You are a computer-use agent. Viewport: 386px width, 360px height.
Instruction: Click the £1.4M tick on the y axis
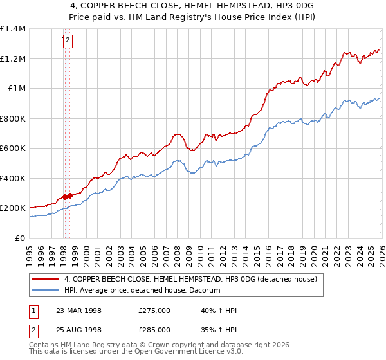(13, 29)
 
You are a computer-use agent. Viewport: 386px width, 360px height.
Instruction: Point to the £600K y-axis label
(13, 148)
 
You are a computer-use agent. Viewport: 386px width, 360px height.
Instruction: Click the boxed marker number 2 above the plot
(68, 41)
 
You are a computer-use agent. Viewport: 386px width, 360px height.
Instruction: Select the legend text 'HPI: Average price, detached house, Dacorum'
(142, 291)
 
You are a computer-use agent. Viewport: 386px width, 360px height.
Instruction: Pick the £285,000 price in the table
(154, 329)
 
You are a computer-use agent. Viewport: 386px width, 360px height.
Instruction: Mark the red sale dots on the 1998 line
(68, 196)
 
